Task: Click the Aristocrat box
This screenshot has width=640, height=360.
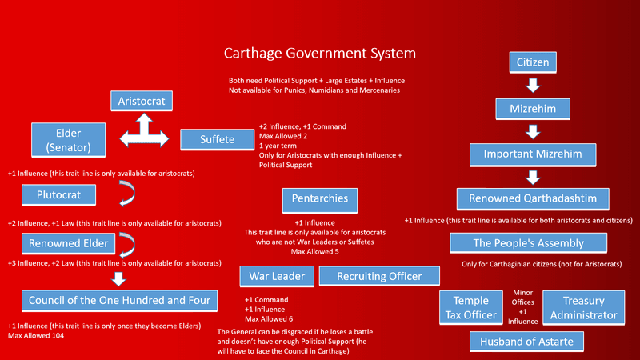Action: tap(142, 101)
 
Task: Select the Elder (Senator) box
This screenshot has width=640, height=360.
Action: tap(69, 140)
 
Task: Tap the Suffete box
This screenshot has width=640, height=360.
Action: tap(217, 139)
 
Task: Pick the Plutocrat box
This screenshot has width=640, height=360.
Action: tap(58, 194)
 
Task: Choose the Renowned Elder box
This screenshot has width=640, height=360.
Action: tap(69, 243)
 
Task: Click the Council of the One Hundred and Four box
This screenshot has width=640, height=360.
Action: tap(119, 301)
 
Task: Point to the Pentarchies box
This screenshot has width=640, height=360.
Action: tap(320, 201)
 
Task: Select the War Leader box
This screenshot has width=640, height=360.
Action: tap(277, 276)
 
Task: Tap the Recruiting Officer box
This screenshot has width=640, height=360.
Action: tap(379, 276)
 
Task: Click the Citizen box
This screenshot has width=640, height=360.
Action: tap(533, 62)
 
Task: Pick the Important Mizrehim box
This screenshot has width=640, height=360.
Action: tap(533, 154)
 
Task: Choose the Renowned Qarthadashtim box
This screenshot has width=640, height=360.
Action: tap(533, 198)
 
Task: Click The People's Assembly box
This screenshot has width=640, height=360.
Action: tap(529, 243)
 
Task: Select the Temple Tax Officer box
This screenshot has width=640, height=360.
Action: tap(471, 308)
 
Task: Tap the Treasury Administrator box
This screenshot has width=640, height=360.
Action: tap(584, 308)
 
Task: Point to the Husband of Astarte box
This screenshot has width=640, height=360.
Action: tap(526, 342)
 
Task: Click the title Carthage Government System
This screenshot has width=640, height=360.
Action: tap(319, 53)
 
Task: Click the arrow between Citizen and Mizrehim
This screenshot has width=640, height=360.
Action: tap(533, 86)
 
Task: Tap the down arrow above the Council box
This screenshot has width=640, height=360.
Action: tap(118, 279)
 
